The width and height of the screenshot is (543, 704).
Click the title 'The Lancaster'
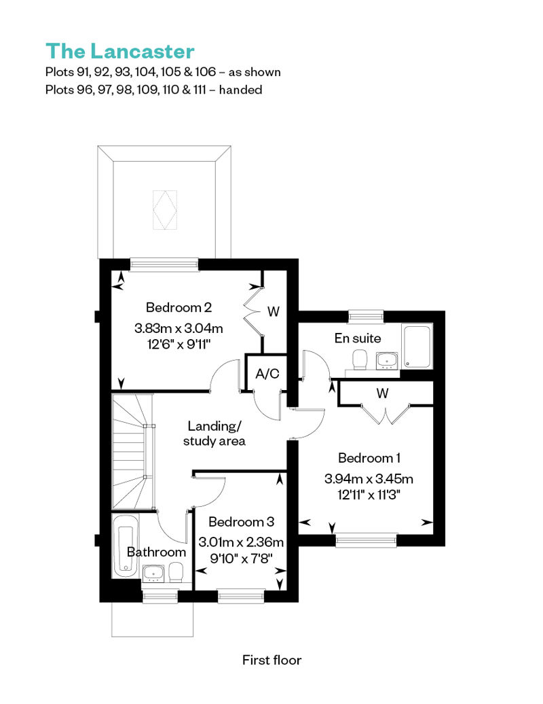pos(119,51)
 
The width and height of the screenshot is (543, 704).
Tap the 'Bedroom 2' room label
pos(179,308)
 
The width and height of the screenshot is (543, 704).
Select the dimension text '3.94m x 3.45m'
pos(369,478)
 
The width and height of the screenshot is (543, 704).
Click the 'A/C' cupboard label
pos(267,373)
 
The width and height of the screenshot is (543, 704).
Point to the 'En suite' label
pos(358,338)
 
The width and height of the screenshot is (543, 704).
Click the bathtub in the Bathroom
pos(126,546)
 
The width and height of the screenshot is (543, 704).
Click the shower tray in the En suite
pos(417,346)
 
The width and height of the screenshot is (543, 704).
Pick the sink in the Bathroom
pos(154,574)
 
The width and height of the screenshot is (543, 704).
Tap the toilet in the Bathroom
pos(176,572)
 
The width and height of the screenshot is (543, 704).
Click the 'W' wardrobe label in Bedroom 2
pos(274,311)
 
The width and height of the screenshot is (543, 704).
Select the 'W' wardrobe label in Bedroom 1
pos(382,393)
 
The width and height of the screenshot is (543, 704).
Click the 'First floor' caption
pos(271,660)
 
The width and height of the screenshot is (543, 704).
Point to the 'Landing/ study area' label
pos(214,434)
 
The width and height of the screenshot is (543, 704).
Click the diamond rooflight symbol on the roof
pos(164,210)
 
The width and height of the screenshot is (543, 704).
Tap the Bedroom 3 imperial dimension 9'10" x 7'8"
pos(241,559)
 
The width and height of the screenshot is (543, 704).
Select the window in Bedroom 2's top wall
pos(164,264)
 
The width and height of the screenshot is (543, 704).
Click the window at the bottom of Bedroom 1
pos(367,540)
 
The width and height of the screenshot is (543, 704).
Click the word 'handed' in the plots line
pos(240,90)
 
